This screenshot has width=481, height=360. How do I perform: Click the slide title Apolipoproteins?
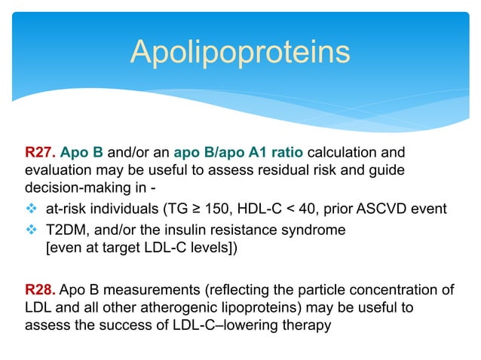[x=240, y=52]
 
